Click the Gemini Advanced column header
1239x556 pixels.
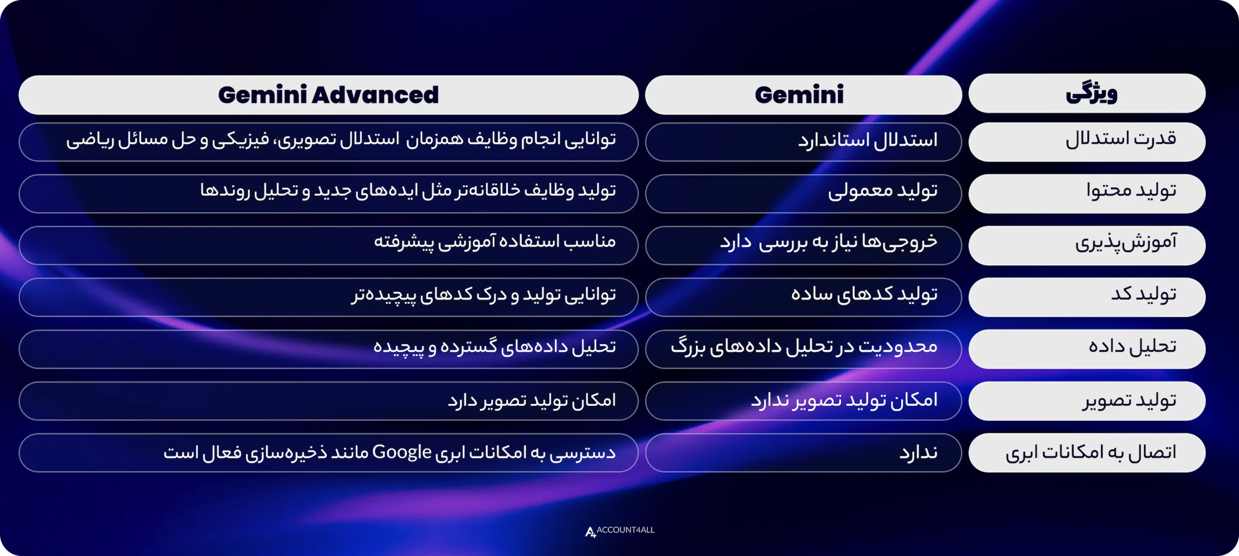(x=328, y=95)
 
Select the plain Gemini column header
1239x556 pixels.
(x=799, y=95)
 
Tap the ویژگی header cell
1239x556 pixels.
(x=1091, y=93)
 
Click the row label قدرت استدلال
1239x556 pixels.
(x=1120, y=140)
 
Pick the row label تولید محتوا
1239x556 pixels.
(x=1131, y=192)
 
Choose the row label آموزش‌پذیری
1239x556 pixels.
(x=1125, y=244)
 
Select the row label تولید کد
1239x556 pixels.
(x=1143, y=295)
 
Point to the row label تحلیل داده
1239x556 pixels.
(x=1132, y=348)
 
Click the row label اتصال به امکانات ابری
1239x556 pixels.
(x=1090, y=453)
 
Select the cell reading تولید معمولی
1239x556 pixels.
(x=882, y=192)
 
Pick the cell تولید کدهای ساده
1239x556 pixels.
(x=864, y=295)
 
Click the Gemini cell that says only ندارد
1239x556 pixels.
(x=918, y=453)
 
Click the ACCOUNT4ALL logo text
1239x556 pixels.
(x=625, y=530)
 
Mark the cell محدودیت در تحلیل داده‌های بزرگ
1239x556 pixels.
(x=804, y=348)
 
